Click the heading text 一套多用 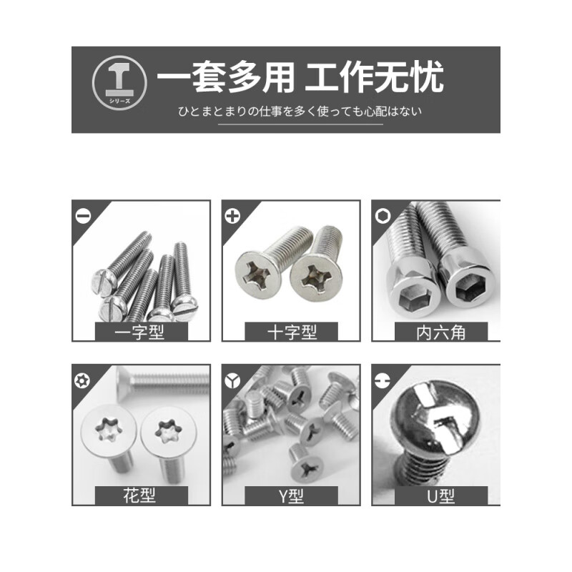pyautogui.click(x=226, y=78)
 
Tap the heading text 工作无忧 pyautogui.click(x=373, y=78)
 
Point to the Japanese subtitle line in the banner pyautogui.click(x=300, y=112)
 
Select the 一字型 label pyautogui.click(x=141, y=332)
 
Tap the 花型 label pyautogui.click(x=141, y=495)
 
